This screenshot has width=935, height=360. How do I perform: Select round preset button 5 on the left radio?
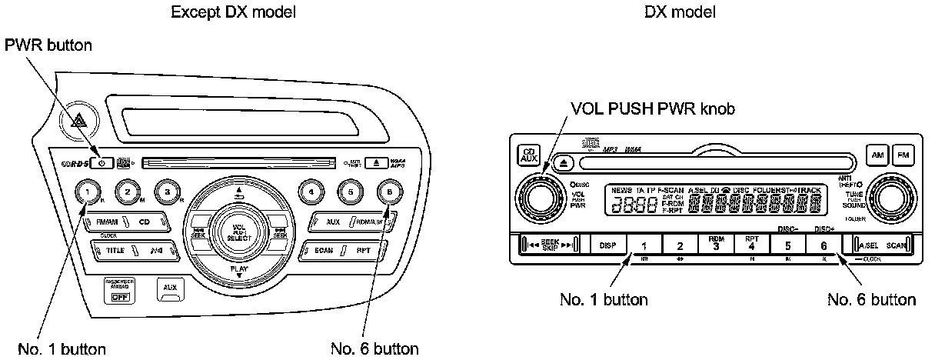351,191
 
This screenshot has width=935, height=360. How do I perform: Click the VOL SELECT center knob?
239,232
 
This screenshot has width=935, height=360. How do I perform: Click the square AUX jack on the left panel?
168,288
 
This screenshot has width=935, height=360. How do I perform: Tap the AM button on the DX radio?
878,155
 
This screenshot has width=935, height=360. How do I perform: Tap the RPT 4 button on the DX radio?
751,244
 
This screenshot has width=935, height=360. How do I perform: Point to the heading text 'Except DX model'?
222,12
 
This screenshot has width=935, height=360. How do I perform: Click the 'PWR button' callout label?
49,45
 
